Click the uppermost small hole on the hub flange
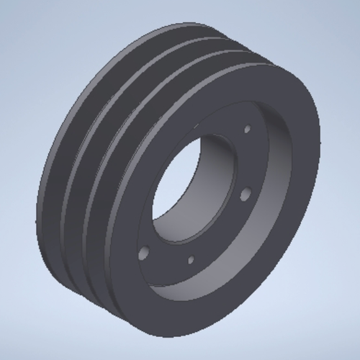coord(248,130)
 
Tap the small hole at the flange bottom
coord(192,261)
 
